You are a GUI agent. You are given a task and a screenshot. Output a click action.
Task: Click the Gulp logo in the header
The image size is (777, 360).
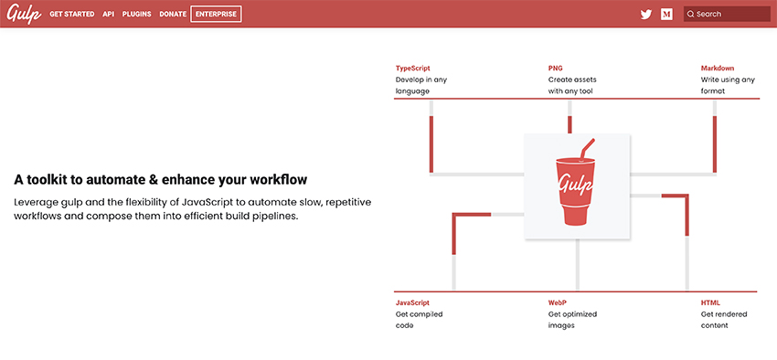pos(23,15)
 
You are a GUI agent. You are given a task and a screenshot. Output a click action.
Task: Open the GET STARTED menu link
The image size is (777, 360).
pos(72,15)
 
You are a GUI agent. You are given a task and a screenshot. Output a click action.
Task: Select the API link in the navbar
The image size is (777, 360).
pos(108,15)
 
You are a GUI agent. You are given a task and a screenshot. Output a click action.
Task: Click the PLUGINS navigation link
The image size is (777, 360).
pos(136,15)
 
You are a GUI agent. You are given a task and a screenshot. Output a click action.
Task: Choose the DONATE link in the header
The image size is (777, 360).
pos(173,15)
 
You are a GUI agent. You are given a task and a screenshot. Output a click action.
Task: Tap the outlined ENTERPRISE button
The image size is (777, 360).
pos(216,15)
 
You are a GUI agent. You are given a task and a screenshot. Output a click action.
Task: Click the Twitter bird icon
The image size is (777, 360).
pos(646,15)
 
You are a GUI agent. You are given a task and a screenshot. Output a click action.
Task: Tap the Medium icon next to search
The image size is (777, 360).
pos(667,15)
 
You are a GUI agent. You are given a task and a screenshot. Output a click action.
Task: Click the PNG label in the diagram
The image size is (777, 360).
pos(556,69)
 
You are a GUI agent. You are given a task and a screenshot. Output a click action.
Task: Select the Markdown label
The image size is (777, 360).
pos(718,69)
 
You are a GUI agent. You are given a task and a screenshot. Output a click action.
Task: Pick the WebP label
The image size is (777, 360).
pos(559,302)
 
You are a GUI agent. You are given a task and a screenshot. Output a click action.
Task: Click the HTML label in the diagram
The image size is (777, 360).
pos(710,302)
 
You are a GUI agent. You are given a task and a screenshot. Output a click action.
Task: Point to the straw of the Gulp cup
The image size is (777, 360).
pos(586,148)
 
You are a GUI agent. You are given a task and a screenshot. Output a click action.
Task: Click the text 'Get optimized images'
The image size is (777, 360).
pos(572,320)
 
